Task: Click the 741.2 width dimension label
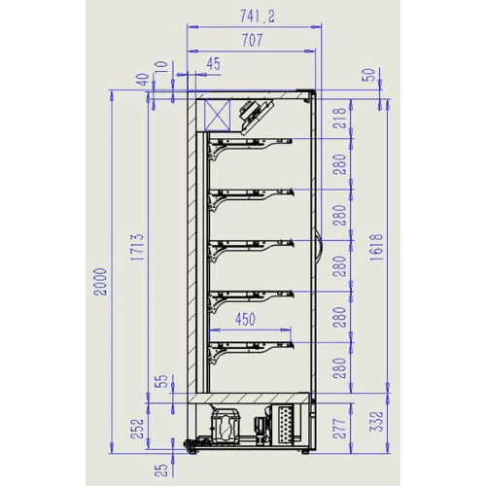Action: click(x=257, y=17)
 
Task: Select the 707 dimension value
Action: click(x=253, y=40)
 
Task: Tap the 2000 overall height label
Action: click(x=100, y=282)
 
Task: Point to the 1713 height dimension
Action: click(x=137, y=247)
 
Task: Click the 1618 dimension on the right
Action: click(x=377, y=247)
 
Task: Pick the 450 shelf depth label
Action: click(x=245, y=319)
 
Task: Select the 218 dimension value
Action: click(x=340, y=119)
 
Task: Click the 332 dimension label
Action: click(x=377, y=422)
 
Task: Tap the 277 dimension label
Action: click(x=340, y=429)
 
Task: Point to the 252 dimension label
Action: click(x=137, y=429)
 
